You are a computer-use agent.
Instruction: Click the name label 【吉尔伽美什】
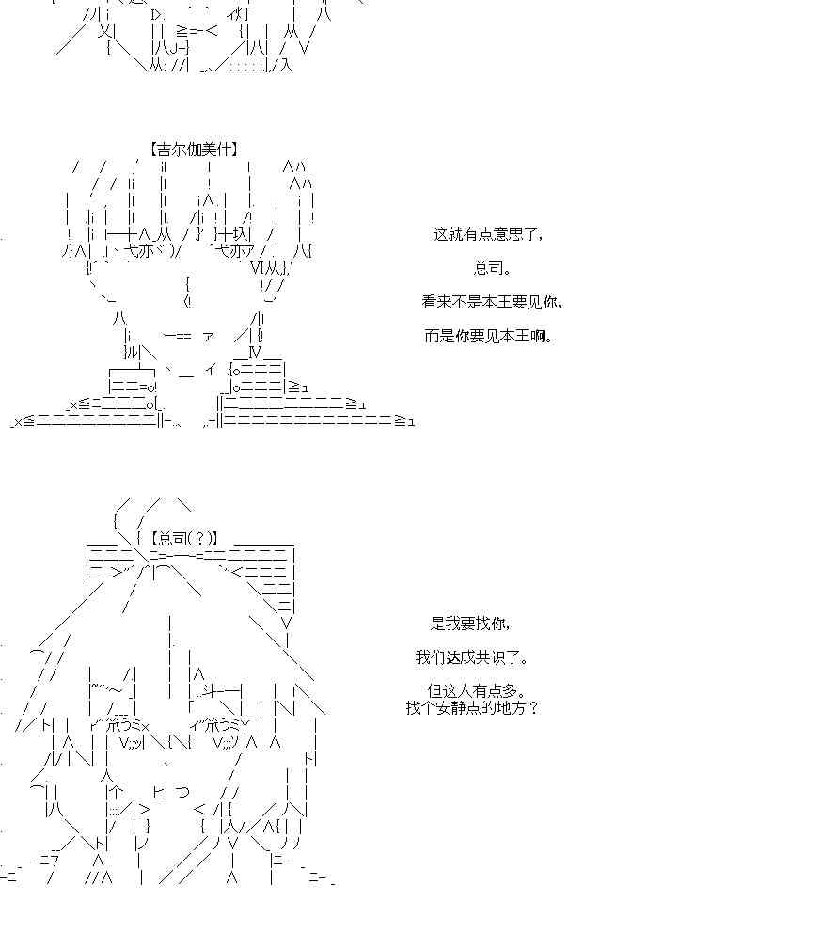(x=194, y=149)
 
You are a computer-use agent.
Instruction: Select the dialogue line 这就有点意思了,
(x=487, y=234)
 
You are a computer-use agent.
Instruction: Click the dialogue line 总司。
(x=492, y=268)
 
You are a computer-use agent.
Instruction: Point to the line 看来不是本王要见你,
(x=491, y=302)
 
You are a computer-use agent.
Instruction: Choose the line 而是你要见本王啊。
(x=488, y=336)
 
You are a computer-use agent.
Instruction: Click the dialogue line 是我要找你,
(x=471, y=623)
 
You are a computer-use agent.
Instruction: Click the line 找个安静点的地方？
(x=472, y=708)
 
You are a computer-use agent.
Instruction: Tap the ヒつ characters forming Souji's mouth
(x=171, y=792)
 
